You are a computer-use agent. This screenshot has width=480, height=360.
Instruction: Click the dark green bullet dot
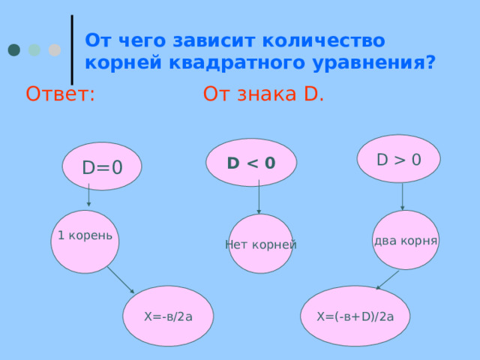[14, 50]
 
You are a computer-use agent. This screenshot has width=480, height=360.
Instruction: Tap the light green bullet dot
[34, 50]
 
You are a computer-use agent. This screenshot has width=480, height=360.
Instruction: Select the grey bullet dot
[55, 50]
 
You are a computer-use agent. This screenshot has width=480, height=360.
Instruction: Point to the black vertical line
[72, 49]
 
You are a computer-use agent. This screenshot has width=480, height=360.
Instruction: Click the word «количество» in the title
[323, 40]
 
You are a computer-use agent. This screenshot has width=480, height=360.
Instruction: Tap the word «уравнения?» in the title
[373, 63]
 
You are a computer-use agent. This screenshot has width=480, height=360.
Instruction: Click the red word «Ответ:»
[60, 94]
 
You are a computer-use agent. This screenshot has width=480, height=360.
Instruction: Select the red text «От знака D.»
[263, 94]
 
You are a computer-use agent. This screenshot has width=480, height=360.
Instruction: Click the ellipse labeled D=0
[102, 166]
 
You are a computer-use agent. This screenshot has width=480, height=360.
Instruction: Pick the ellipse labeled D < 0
[251, 162]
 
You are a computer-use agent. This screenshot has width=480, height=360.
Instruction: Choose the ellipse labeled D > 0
[398, 158]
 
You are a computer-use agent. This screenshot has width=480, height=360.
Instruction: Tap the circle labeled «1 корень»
[85, 241]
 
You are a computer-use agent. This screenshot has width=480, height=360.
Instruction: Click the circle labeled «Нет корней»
[261, 244]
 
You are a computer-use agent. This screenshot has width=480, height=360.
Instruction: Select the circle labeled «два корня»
[406, 240]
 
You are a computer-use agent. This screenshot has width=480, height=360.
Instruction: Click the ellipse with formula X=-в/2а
[168, 316]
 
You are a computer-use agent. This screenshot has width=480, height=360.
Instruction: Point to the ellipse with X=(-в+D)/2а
[355, 316]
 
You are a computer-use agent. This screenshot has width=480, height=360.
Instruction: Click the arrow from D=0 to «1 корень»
[88, 195]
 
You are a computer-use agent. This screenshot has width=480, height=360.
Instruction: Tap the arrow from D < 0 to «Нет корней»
[259, 196]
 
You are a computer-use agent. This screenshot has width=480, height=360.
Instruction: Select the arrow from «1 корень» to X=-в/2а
[121, 280]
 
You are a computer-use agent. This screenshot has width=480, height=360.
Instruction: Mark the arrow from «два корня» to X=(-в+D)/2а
[387, 280]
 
